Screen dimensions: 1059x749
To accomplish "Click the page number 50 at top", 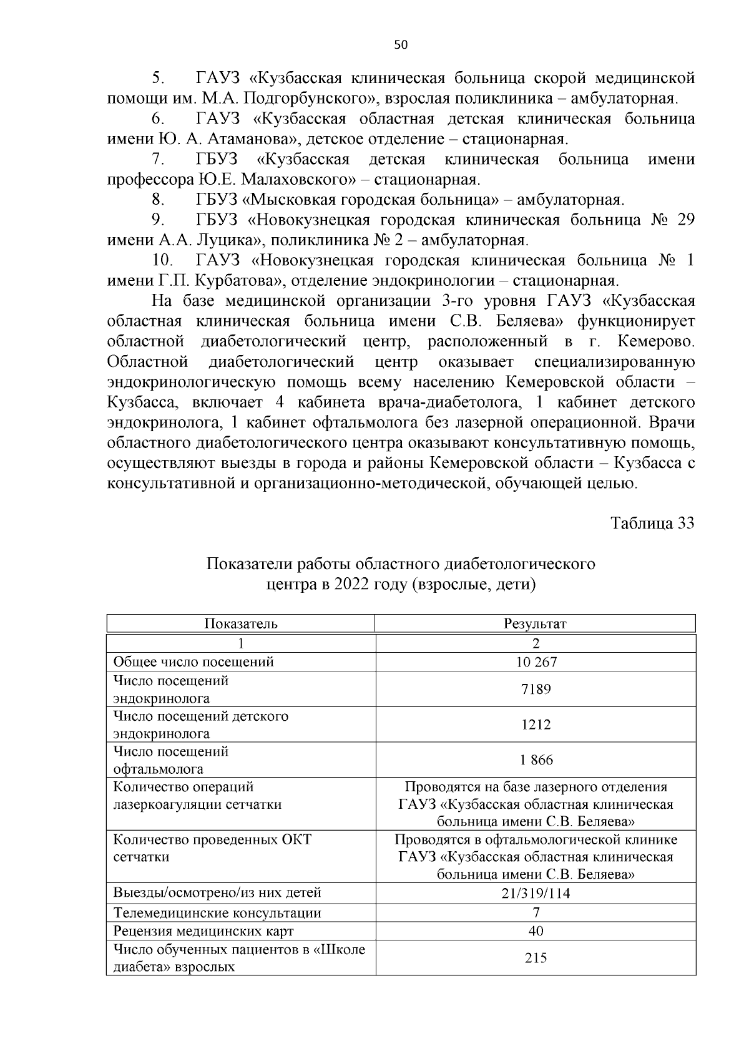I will click(x=401, y=44).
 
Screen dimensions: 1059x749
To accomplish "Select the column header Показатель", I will click(x=241, y=623).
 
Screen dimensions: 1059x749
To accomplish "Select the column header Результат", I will click(x=535, y=623).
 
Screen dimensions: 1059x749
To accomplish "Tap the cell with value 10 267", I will click(x=536, y=662).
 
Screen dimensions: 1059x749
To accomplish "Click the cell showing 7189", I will click(x=536, y=690).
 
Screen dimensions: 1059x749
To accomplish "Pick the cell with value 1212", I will click(x=536, y=725).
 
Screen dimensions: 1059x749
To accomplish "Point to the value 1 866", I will click(x=536, y=760).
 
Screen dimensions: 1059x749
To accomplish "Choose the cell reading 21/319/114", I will click(x=536, y=893).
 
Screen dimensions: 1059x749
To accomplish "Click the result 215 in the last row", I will click(x=536, y=958).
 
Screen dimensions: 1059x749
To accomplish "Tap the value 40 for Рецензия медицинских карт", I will click(x=536, y=932).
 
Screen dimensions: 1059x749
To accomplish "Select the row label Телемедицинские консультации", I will click(x=217, y=914).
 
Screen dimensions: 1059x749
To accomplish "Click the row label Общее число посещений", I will click(x=193, y=662).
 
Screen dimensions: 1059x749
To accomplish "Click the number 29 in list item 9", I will click(x=685, y=220).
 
